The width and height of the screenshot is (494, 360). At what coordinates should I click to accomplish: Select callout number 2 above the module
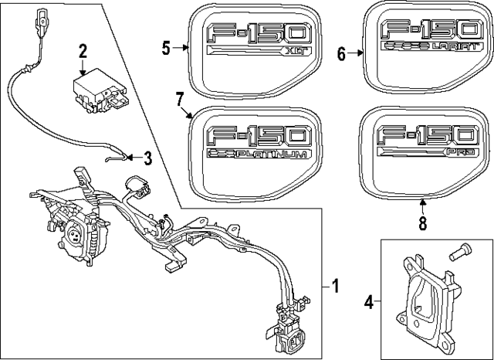[83, 52]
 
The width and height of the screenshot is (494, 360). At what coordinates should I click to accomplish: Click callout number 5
[166, 48]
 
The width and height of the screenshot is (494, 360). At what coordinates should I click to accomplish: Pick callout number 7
[178, 100]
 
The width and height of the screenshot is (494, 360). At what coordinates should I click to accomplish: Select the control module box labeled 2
[94, 91]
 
